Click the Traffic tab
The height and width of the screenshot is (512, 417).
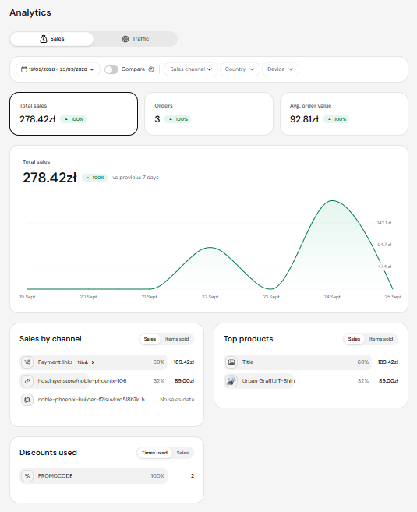pos(135,39)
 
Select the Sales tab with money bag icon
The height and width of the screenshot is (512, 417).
pos(52,39)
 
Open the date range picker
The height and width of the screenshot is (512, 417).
pos(58,69)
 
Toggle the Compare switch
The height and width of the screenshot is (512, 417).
pos(111,69)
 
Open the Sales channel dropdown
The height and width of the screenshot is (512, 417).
pos(191,69)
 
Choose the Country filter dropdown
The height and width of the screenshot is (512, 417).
pos(240,69)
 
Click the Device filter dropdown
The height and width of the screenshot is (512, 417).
pos(280,69)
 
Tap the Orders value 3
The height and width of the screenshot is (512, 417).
pos(157,119)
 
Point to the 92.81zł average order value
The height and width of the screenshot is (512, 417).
pos(304,119)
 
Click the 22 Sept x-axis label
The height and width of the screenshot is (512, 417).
pos(210,297)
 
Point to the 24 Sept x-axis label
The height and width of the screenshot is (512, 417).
pos(332,297)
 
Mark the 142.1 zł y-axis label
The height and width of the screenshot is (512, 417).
pos(384,223)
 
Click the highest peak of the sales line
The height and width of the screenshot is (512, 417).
pos(332,200)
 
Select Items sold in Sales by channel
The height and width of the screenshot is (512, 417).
pos(177,339)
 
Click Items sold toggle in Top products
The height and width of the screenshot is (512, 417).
pos(380,339)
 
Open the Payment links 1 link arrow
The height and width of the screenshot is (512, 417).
pos(93,362)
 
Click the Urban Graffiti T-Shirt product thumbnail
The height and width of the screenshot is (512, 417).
pos(231,381)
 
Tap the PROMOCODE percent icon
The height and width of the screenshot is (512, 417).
pos(27,476)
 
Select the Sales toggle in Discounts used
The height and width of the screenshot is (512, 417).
pos(182,453)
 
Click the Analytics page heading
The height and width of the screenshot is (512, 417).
pos(30,12)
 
